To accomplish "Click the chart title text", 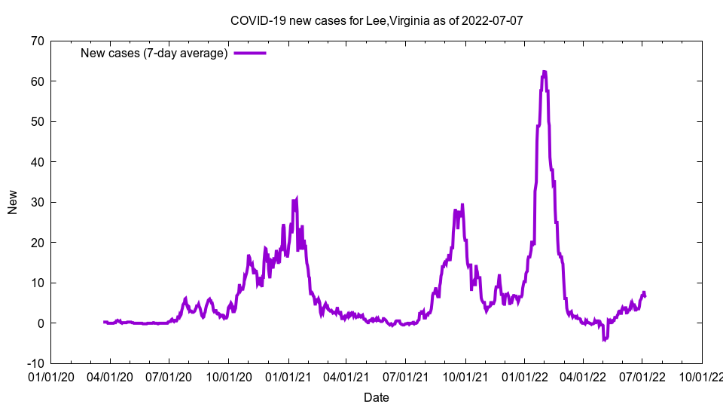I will click(x=377, y=20).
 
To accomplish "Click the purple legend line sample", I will click(x=250, y=53).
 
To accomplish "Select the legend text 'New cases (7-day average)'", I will click(x=154, y=53).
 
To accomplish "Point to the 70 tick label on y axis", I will click(x=37, y=41).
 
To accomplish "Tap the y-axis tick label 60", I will click(x=37, y=81).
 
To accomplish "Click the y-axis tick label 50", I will click(x=37, y=121).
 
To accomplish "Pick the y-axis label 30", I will click(x=37, y=202).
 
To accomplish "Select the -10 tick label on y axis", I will click(x=35, y=363).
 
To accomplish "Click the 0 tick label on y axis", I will click(x=40, y=323).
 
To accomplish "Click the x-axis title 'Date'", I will click(x=377, y=397).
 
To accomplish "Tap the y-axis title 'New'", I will click(x=13, y=202).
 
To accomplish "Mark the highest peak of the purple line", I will click(x=544, y=72).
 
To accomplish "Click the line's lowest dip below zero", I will click(x=604, y=340).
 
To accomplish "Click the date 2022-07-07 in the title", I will click(x=493, y=20).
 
